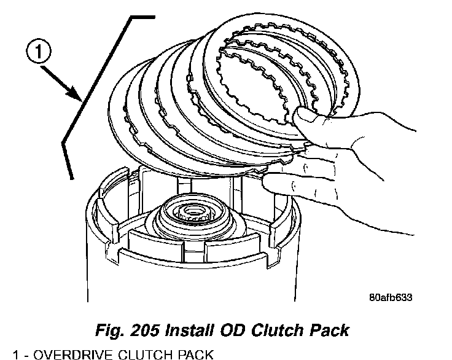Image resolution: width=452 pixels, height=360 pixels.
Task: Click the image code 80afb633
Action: click(x=390, y=297)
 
